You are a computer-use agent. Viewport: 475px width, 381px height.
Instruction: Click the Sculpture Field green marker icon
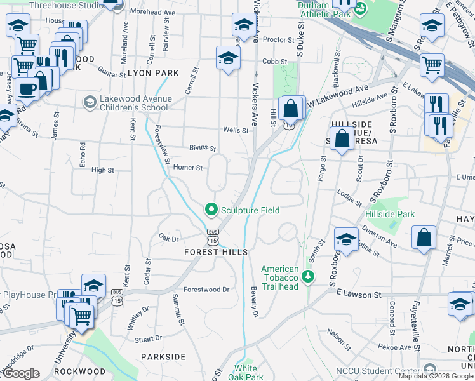tap(210, 209)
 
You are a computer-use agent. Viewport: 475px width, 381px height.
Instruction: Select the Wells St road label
tap(236, 130)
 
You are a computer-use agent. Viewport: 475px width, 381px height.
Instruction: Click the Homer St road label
tap(188, 168)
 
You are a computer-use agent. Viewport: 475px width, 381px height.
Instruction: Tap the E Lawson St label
tap(359, 294)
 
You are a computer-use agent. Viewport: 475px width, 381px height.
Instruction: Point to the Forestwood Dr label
tap(206, 289)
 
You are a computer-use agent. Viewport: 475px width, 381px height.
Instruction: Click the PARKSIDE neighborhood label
tap(163, 357)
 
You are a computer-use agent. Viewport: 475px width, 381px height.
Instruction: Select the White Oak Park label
tap(246, 373)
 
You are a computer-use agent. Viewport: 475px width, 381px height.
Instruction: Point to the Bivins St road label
tap(203, 148)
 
